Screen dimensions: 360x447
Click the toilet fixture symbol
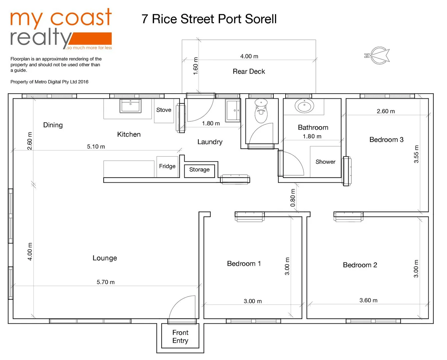261,111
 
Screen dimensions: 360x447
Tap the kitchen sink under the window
130,106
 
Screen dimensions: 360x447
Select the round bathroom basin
304,106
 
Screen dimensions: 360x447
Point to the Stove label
164,110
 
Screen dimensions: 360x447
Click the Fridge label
167,166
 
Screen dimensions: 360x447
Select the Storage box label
199,170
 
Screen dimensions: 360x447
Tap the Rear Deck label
249,71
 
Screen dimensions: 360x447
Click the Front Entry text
180,337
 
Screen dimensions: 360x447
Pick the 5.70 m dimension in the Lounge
106,282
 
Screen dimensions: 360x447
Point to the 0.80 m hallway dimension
293,198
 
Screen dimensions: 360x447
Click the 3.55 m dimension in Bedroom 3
416,154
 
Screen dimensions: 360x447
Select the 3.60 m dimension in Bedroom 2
368,300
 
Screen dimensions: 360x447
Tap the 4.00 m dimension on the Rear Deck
249,56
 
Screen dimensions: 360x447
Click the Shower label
325,162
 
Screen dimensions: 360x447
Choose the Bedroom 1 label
244,264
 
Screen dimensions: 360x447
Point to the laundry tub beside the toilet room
233,110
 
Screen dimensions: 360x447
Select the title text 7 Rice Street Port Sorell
209,19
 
